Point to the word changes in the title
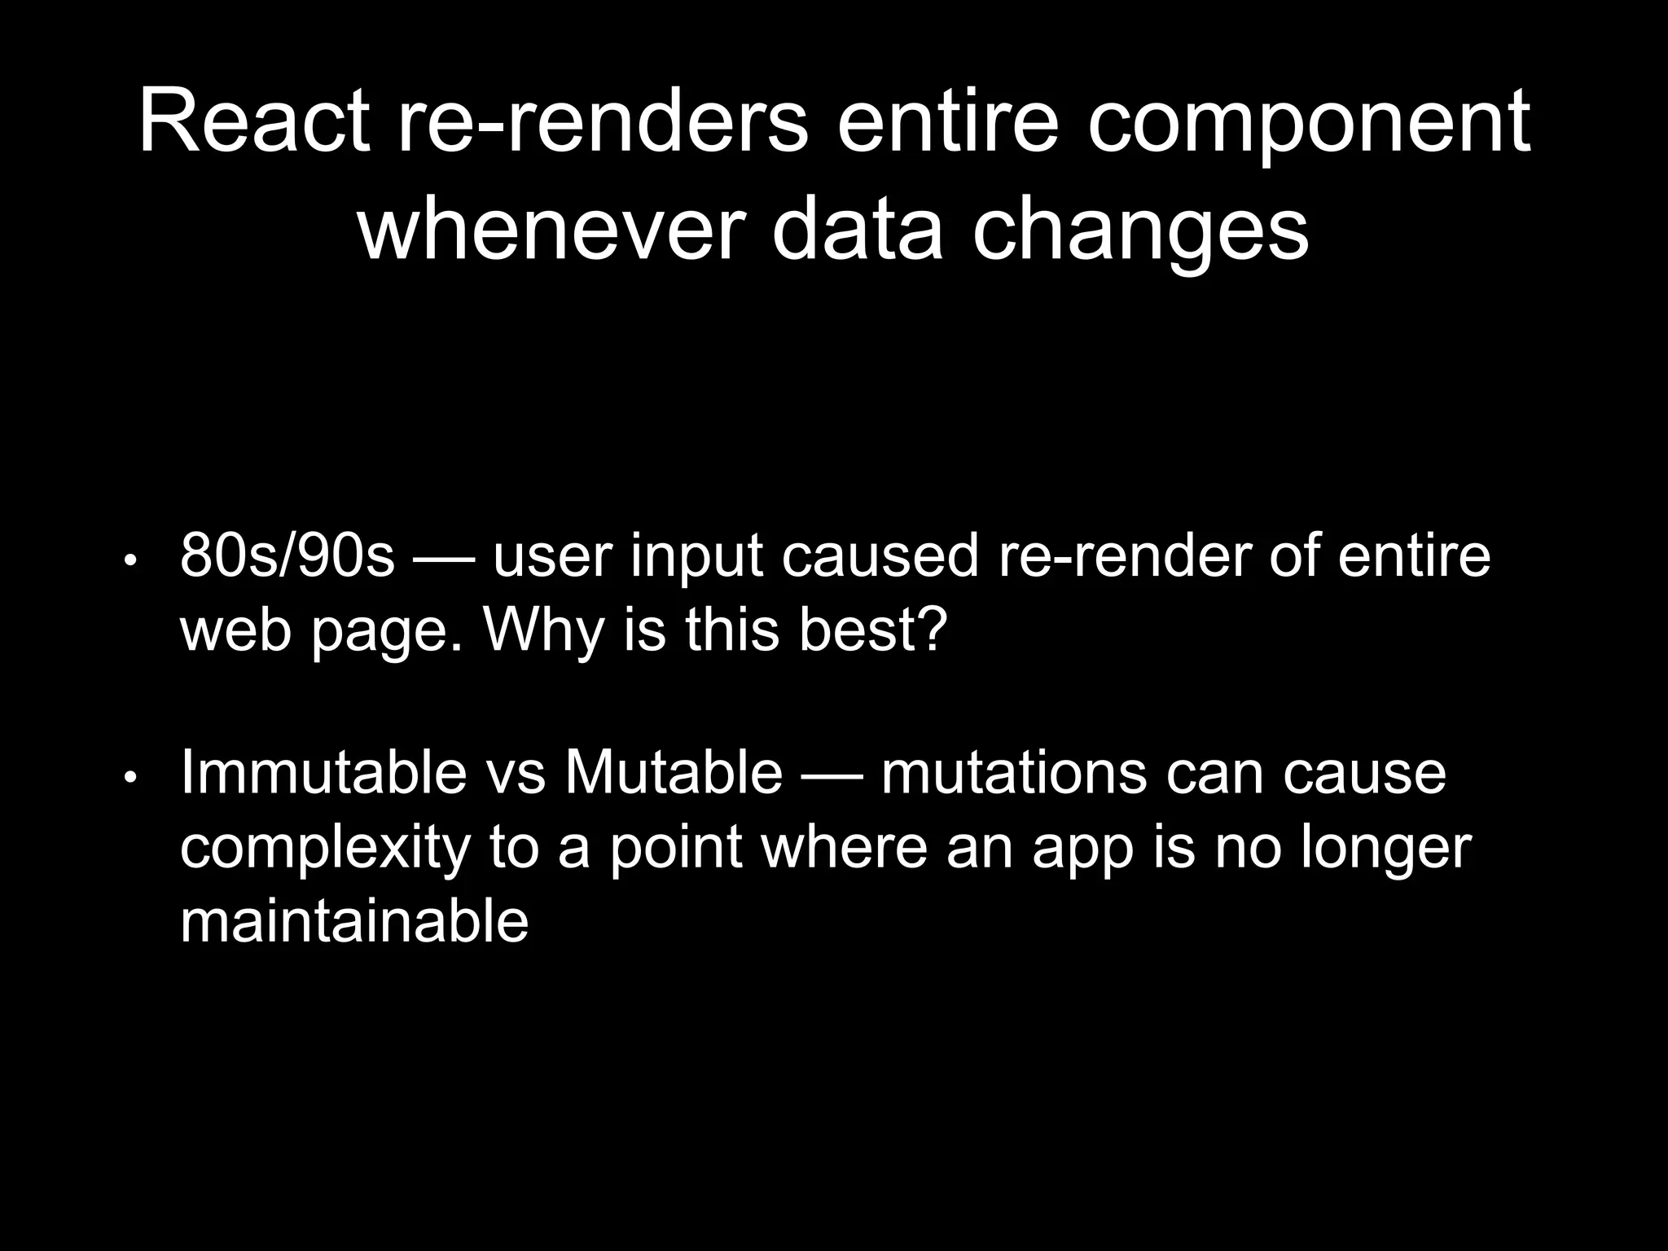(x=1140, y=235)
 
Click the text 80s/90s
(x=287, y=556)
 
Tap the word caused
(x=880, y=556)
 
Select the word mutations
(x=1013, y=773)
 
